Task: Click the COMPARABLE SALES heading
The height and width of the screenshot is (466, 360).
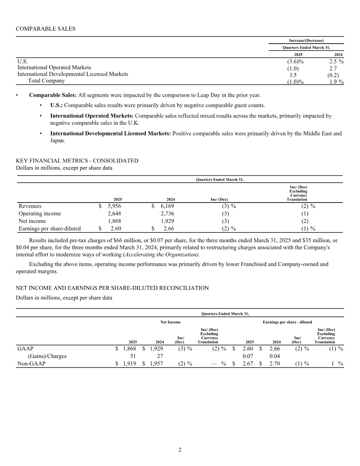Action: tap(45, 29)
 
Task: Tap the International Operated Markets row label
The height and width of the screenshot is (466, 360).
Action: tap(54, 68)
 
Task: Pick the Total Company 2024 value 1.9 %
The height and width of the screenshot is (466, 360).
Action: tap(336, 81)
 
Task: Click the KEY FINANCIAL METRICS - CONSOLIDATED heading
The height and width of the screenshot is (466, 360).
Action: tap(77, 161)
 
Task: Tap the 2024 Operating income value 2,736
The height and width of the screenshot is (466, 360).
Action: tap(166, 214)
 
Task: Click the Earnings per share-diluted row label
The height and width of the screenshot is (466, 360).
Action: tap(49, 229)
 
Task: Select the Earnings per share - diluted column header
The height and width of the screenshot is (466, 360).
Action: tap(287, 322)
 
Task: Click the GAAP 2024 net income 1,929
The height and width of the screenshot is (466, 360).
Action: tap(154, 348)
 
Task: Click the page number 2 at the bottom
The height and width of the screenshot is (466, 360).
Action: tap(180, 450)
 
